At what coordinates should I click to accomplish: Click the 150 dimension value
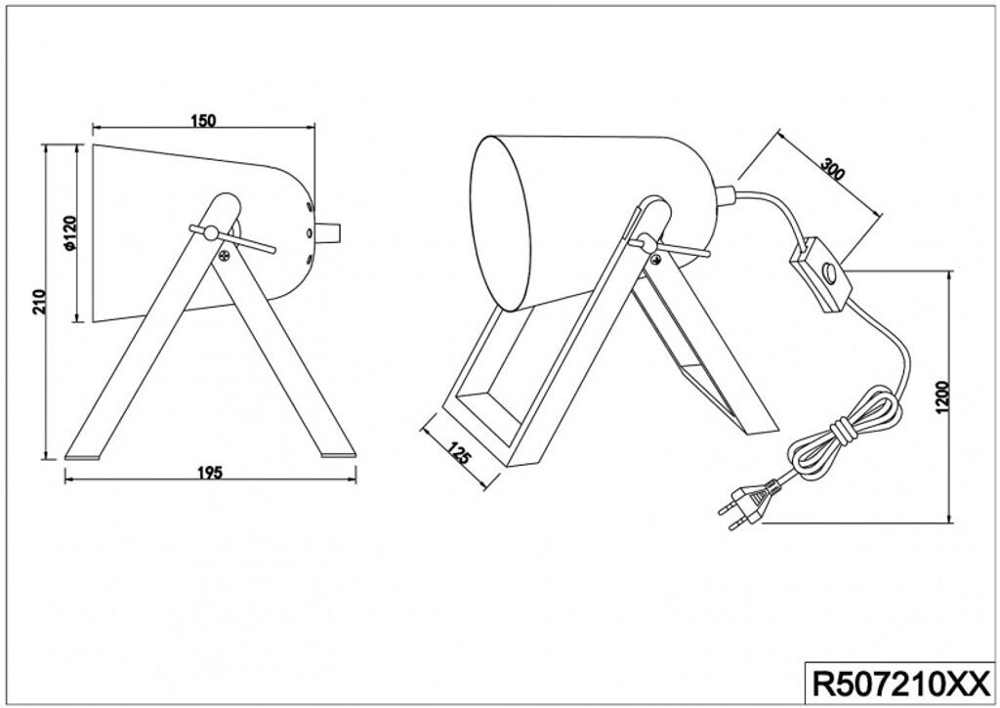click(x=203, y=121)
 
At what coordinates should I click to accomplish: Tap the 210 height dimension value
click(x=38, y=300)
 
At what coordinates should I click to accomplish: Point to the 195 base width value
click(x=210, y=473)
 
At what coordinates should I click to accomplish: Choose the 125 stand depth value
click(x=459, y=454)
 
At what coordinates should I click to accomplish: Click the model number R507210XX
click(x=897, y=680)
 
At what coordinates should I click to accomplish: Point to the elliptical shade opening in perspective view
click(x=500, y=223)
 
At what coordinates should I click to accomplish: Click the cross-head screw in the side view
click(x=225, y=257)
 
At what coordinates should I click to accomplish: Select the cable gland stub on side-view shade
click(x=330, y=232)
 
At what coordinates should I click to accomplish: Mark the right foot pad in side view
click(x=338, y=454)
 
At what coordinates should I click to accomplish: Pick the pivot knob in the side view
click(x=211, y=231)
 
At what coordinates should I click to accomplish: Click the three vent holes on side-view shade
click(x=309, y=232)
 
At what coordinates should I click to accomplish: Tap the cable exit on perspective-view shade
click(x=727, y=194)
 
